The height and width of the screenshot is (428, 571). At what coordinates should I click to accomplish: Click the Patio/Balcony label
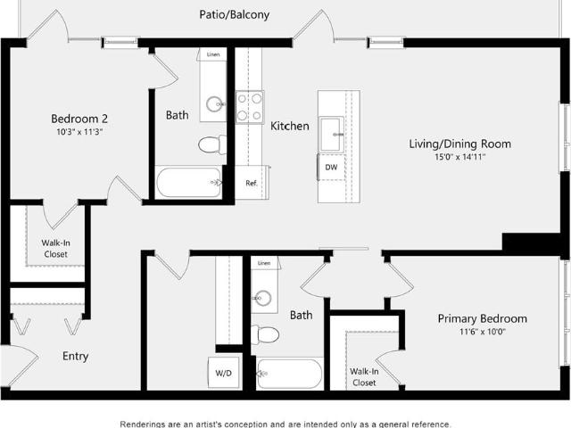[234, 15]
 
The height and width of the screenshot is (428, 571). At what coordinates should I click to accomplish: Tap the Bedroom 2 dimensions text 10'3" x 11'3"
[79, 132]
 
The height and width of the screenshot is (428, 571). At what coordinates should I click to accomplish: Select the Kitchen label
[289, 126]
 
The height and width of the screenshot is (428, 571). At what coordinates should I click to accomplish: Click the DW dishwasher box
[331, 167]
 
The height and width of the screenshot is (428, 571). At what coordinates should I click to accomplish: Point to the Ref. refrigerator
[252, 183]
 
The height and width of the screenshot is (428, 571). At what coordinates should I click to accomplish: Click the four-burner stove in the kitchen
[250, 107]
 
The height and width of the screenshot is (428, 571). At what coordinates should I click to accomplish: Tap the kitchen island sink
[331, 134]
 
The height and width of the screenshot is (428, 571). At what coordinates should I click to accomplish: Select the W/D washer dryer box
[224, 373]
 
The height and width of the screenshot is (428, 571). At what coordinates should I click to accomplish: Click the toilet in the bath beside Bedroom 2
[212, 144]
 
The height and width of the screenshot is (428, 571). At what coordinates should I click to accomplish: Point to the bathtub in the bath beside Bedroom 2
[188, 182]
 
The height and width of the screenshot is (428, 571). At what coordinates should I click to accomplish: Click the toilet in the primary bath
[265, 335]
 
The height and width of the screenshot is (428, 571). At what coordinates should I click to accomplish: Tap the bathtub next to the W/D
[289, 374]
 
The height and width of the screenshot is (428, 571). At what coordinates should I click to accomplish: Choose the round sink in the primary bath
[263, 298]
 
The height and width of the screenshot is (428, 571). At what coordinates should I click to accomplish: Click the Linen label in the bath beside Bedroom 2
[213, 54]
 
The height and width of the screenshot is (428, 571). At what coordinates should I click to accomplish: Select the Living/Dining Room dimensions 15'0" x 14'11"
[460, 157]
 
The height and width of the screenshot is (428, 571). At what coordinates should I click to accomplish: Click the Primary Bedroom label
[482, 319]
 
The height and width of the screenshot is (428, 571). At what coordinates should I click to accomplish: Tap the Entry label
[75, 356]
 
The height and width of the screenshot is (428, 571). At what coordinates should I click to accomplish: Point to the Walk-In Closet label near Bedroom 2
[55, 248]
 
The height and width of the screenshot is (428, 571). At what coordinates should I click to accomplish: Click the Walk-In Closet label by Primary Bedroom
[364, 376]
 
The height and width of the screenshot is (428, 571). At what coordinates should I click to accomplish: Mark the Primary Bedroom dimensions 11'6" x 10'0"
[482, 332]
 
